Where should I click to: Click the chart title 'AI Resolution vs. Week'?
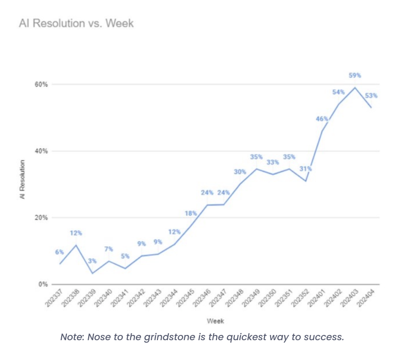click(x=76, y=23)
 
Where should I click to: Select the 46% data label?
click(x=322, y=118)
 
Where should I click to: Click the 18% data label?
click(x=190, y=213)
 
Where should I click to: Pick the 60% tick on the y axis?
click(x=42, y=84)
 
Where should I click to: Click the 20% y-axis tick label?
click(x=42, y=218)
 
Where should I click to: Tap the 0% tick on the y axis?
click(x=44, y=285)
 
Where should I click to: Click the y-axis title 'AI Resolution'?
click(x=22, y=179)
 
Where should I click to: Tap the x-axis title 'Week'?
click(x=215, y=321)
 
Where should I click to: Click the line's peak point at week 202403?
click(x=355, y=87)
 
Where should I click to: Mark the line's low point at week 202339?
click(x=93, y=273)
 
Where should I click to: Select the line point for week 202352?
click(x=306, y=181)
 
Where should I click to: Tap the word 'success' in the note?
click(x=326, y=338)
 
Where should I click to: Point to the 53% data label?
click(x=372, y=95)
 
